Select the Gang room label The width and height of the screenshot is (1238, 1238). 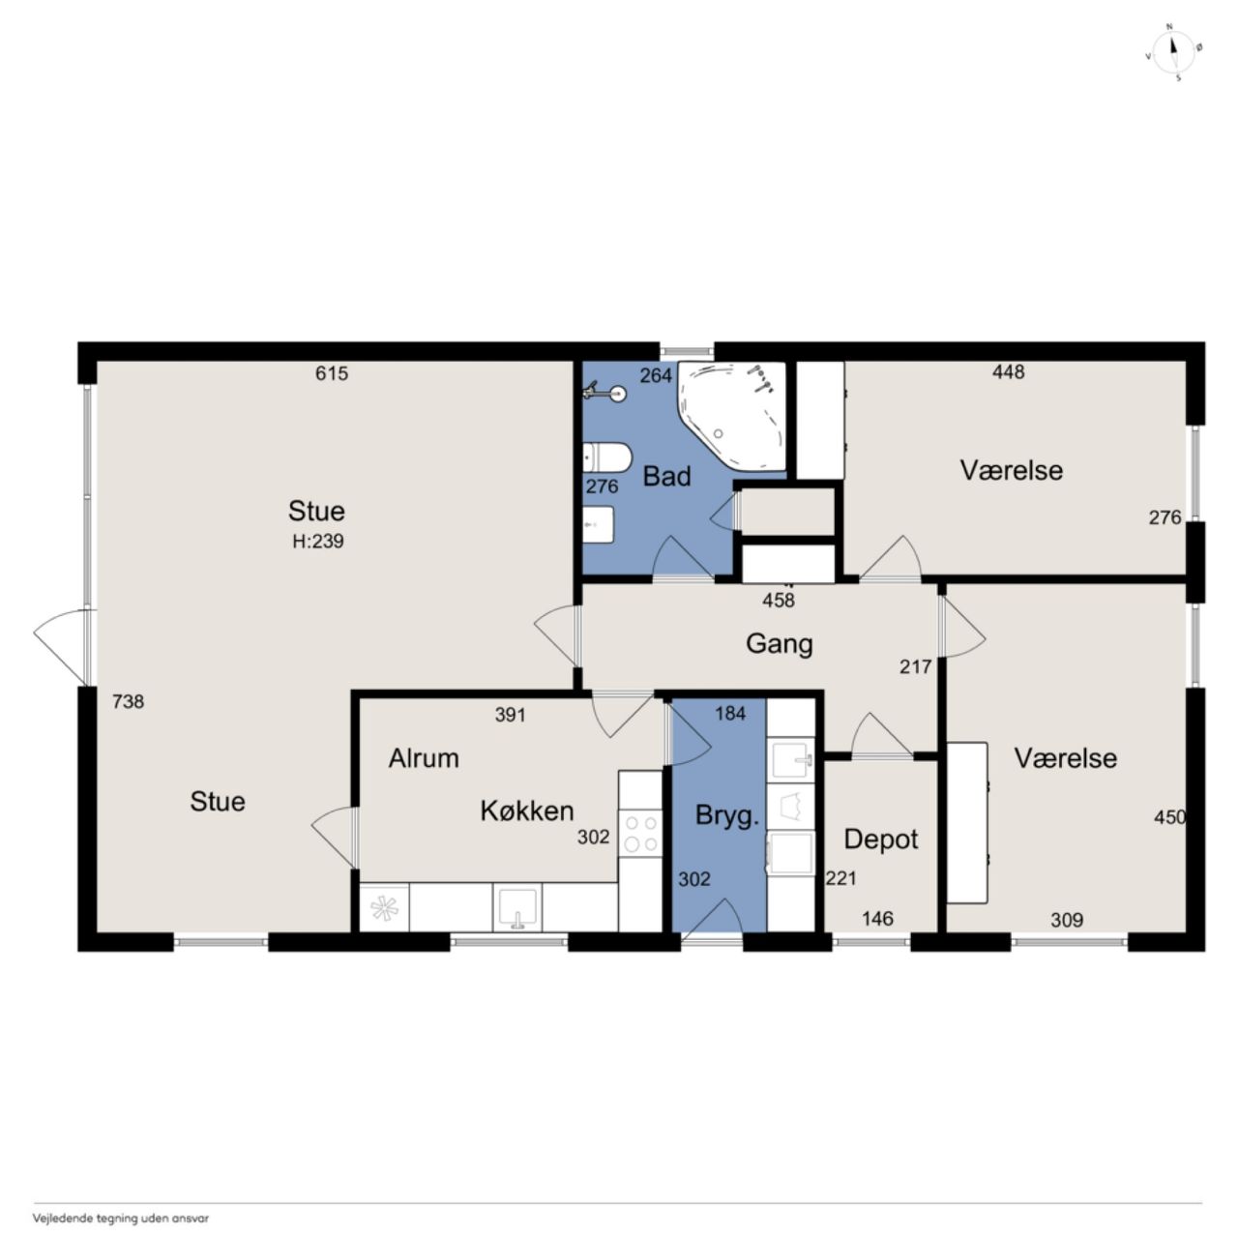coord(780,644)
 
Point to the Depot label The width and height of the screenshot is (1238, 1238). coord(881,840)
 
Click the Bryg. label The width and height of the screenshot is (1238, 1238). coord(727,816)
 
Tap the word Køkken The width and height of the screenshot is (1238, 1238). coord(527,811)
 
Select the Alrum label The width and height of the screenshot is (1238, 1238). coord(424,758)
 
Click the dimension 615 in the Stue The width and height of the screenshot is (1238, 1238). coord(332,373)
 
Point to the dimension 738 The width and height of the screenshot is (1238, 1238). coord(128,701)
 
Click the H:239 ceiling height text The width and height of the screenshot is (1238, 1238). coord(318,541)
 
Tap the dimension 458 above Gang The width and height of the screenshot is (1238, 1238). coord(779,601)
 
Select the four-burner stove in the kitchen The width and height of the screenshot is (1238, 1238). coord(640,833)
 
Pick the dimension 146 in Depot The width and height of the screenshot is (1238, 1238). coord(877,919)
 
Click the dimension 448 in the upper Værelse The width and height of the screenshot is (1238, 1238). coord(1008,372)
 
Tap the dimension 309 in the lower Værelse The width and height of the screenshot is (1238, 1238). coord(1067,920)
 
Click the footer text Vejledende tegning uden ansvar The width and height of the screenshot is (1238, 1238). coord(121,1218)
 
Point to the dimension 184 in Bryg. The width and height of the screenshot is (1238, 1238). coord(730,713)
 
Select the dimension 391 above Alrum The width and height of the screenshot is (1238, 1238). coord(510,715)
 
